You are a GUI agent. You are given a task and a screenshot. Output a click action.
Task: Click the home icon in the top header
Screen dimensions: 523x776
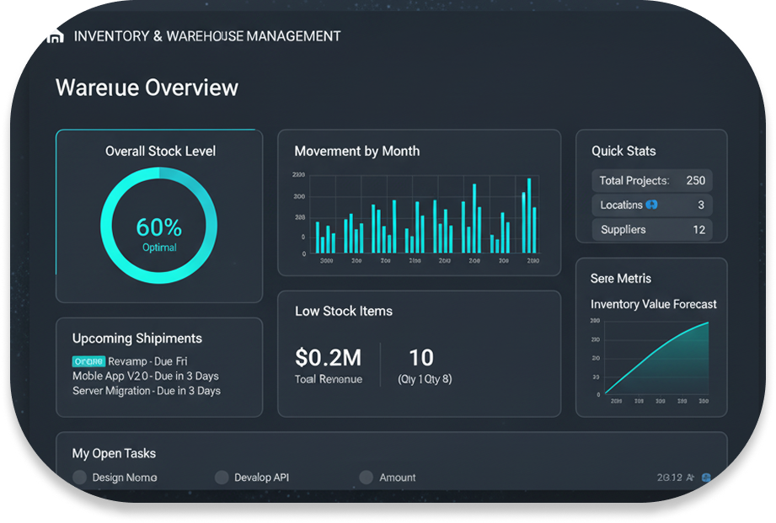[x=56, y=36]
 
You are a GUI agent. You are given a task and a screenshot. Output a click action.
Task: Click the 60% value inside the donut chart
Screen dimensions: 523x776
[x=159, y=227]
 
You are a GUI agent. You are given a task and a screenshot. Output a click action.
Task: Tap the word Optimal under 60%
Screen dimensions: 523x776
[x=159, y=248]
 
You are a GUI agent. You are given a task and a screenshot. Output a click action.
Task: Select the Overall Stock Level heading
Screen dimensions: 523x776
[x=160, y=152]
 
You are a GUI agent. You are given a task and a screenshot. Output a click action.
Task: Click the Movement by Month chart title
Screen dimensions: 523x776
[x=356, y=152]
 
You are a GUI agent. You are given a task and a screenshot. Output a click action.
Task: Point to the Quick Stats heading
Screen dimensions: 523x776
[x=623, y=152]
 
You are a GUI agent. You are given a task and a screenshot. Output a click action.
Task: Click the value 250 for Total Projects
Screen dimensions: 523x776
[x=696, y=180]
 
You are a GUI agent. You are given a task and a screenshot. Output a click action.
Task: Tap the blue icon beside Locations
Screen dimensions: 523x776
[x=651, y=205]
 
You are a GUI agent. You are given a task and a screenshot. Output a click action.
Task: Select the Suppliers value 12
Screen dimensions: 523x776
[x=698, y=229]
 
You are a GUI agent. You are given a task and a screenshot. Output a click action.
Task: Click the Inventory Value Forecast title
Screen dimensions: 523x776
[x=654, y=304]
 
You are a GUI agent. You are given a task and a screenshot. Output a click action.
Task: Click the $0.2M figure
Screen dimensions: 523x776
[x=329, y=357]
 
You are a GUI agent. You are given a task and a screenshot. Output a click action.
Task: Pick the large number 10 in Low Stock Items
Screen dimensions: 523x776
[x=421, y=356]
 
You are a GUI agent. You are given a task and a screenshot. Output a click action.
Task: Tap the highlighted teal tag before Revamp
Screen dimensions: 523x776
[x=88, y=360]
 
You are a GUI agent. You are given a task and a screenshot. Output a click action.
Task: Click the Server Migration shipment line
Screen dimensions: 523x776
[x=147, y=391]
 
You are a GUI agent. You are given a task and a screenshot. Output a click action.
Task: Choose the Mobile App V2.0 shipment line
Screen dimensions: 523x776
[x=146, y=376]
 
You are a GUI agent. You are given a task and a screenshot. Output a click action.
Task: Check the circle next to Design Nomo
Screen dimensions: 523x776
[x=80, y=478]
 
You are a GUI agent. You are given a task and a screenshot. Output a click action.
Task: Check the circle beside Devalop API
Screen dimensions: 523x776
[x=222, y=478]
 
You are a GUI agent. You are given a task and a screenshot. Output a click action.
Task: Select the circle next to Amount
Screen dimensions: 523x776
[x=366, y=478]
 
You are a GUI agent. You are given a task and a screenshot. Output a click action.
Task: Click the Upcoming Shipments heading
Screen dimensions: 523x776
[x=137, y=339]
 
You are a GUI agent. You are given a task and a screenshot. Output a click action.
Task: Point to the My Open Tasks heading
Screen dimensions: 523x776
[x=114, y=453]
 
